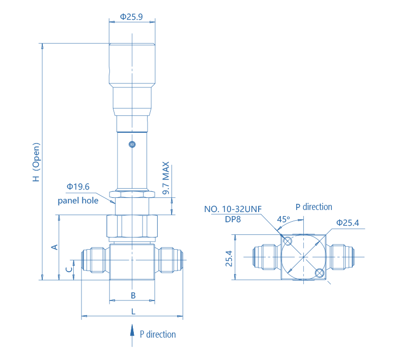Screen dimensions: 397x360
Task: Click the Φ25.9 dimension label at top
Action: click(131, 17)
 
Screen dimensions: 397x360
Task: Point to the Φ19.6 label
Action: click(78, 187)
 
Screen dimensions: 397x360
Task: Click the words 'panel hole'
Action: click(78, 201)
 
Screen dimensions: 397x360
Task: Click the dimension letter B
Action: click(132, 295)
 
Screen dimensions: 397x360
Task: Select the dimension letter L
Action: click(133, 311)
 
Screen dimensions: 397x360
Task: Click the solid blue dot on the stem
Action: click(132, 144)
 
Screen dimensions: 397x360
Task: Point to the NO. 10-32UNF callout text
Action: click(233, 209)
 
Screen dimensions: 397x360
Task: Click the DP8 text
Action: click(233, 220)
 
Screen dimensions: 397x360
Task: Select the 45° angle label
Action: click(283, 219)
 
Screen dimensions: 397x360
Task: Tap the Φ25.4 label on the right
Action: click(348, 223)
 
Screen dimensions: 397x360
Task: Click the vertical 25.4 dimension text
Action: click(229, 258)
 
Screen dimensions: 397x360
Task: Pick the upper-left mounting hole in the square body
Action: click(288, 241)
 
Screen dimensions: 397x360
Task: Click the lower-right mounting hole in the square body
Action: click(319, 274)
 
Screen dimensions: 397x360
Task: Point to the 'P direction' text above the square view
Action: click(314, 207)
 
